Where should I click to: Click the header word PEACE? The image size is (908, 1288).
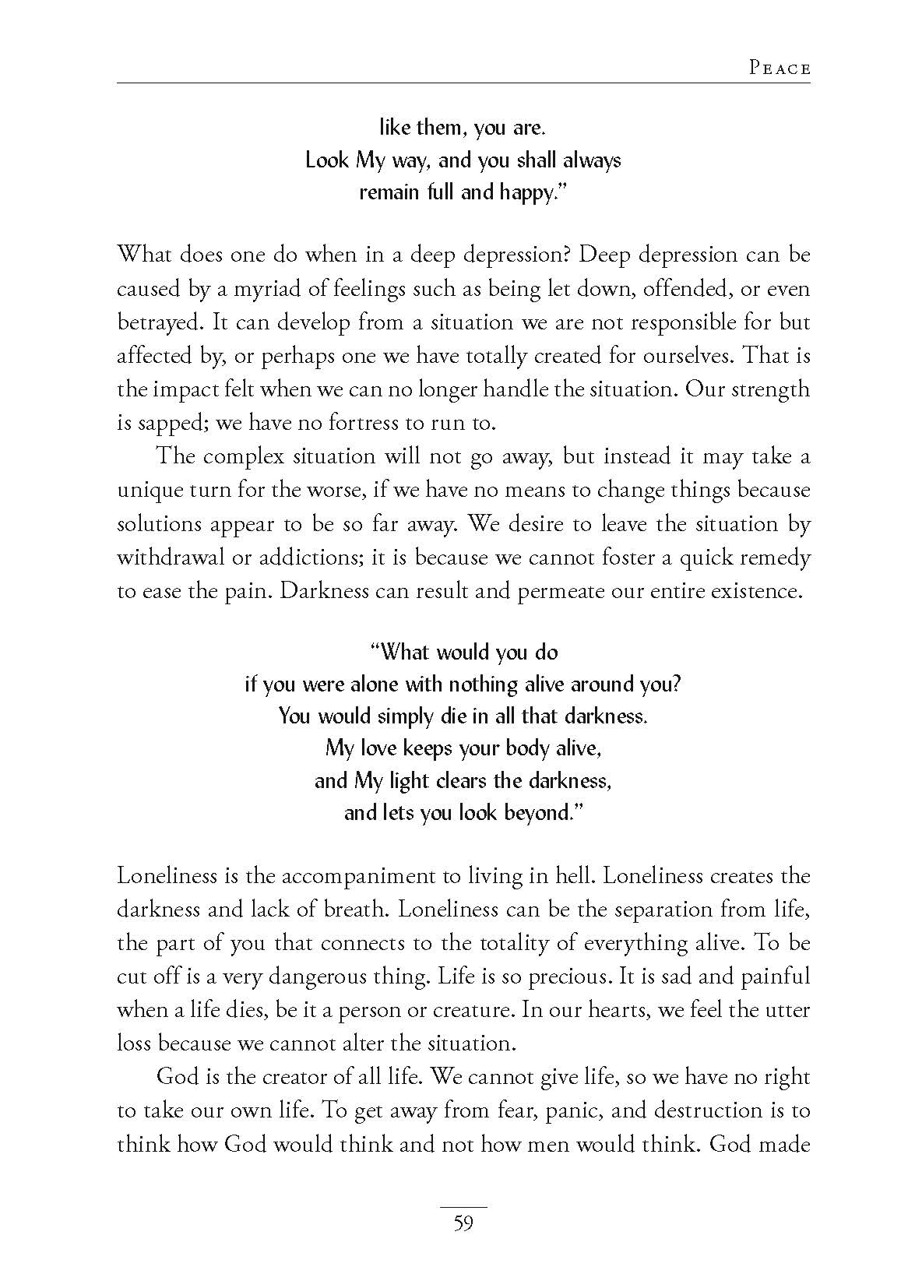(780, 69)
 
